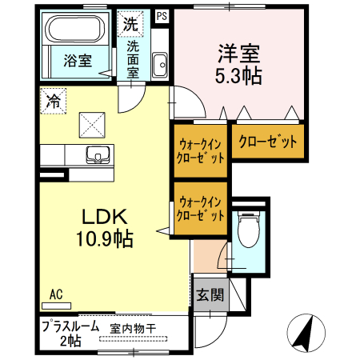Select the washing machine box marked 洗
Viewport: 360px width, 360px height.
130,24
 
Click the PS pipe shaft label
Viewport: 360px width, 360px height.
162,15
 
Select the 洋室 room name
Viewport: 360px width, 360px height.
239,55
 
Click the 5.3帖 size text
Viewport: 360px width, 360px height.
239,78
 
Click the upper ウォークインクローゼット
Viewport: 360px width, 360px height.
200,150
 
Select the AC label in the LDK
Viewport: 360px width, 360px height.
56,294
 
